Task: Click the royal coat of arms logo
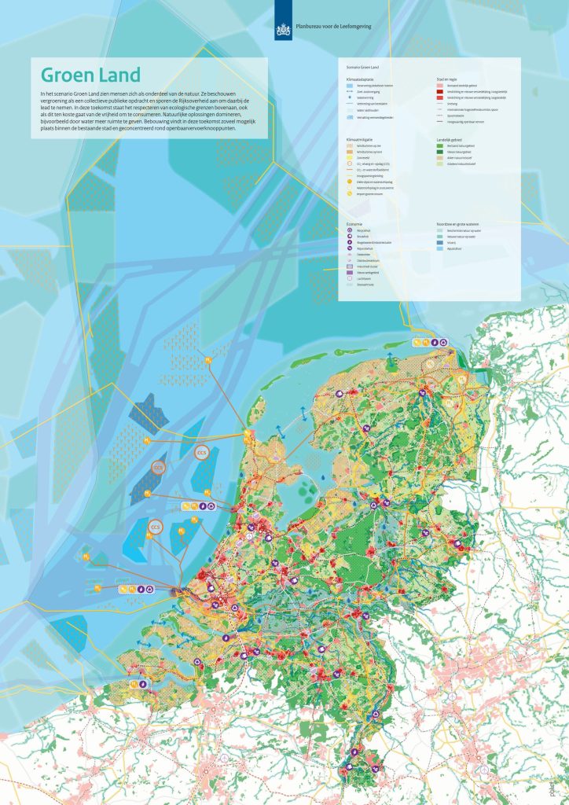click(x=284, y=28)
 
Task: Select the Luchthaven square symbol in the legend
click(x=350, y=279)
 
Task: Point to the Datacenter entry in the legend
click(x=366, y=255)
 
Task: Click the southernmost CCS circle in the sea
click(x=156, y=527)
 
